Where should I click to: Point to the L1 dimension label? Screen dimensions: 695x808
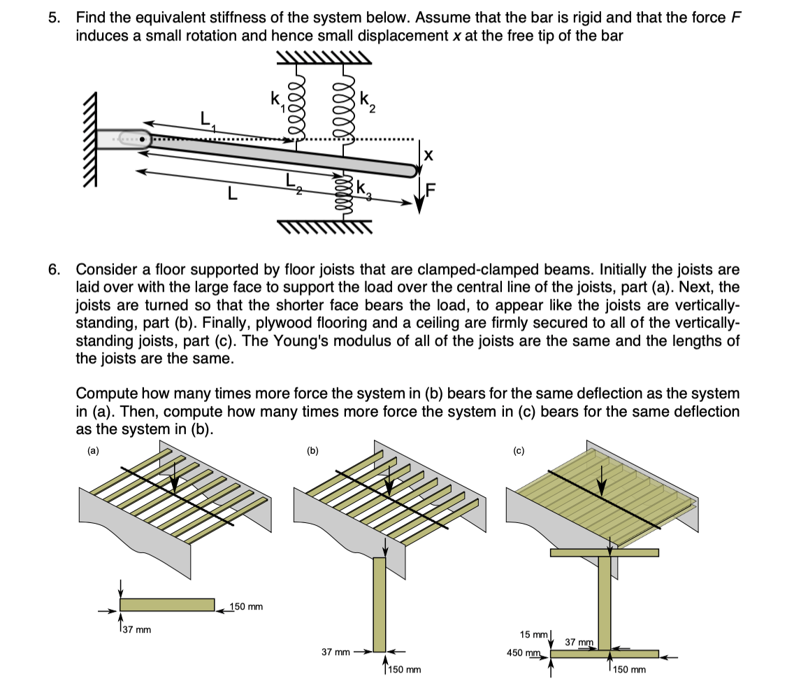tap(207, 120)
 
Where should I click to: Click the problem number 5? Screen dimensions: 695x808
tap(54, 17)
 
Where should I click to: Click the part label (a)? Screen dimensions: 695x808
tap(92, 451)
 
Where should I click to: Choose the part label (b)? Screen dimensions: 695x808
tap(312, 451)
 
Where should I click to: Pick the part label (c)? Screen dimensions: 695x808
tap(519, 451)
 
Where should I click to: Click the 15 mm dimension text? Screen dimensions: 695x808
tap(533, 635)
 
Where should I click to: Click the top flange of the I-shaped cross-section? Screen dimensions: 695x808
tap(604, 552)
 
